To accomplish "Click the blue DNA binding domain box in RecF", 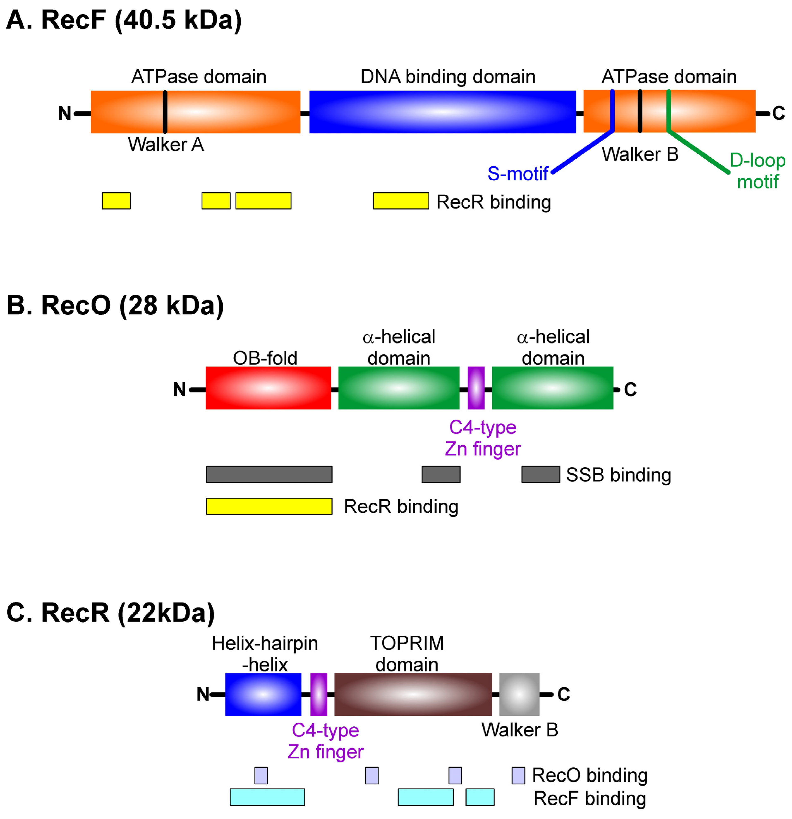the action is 442,112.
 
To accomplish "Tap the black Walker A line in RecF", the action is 165,112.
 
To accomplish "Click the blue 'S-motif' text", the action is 518,174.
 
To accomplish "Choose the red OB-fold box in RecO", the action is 268,388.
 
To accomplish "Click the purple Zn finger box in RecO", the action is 476,388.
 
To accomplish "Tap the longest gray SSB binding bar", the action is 269,474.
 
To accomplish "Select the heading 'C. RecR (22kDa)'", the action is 111,613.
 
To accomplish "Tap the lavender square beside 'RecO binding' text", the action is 518,776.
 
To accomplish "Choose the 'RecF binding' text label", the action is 590,799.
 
